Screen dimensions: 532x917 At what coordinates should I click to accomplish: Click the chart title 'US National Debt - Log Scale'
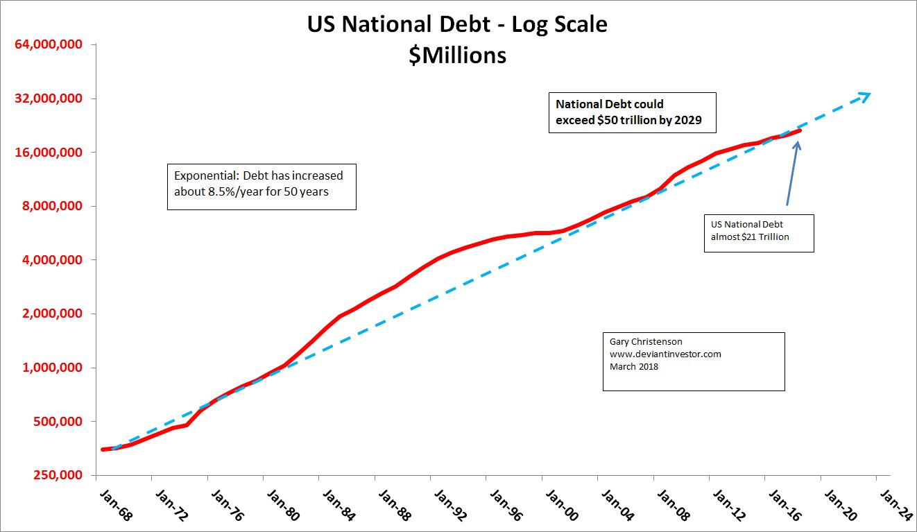(457, 25)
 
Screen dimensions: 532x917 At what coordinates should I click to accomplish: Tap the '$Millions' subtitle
(457, 55)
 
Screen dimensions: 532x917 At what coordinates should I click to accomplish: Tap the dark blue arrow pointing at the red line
(792, 173)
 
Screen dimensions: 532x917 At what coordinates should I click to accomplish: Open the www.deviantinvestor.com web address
(665, 354)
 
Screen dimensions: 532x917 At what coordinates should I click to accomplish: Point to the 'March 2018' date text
(634, 367)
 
